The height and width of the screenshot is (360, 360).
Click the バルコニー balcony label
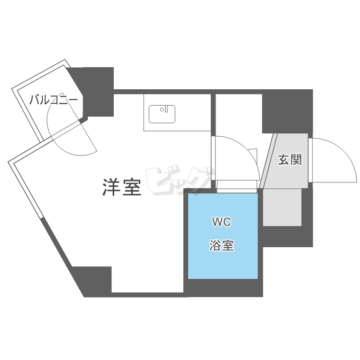click(x=53, y=100)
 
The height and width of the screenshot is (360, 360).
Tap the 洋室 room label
click(x=122, y=187)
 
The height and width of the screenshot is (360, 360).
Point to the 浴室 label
click(x=221, y=246)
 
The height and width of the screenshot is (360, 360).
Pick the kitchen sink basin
click(x=162, y=114)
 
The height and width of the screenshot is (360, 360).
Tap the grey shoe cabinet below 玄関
click(x=283, y=207)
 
